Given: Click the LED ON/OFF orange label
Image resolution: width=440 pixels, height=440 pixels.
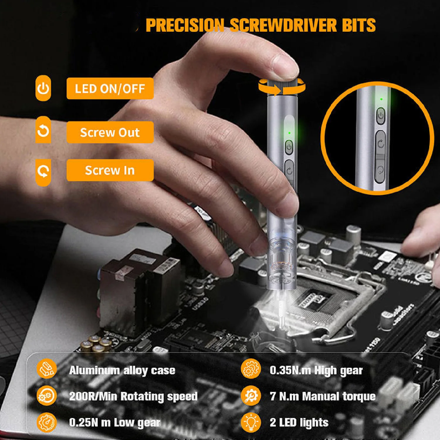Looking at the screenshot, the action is (110, 88).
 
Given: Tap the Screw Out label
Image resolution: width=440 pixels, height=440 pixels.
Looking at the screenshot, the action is (110, 132).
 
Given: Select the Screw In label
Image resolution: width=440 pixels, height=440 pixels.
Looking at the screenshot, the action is (110, 170).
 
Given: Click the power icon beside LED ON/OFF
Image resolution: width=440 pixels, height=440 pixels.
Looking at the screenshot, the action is (43, 88).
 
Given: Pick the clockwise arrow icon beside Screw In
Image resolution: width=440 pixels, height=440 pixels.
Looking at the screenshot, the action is (43, 172).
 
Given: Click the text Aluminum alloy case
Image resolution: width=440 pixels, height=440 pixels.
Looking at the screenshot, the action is (122, 370).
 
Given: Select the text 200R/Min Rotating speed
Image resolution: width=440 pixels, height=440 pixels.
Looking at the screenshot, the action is (133, 396).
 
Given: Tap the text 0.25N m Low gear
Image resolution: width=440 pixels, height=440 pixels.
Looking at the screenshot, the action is (115, 422).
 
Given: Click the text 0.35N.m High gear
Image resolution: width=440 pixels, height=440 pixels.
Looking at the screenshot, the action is (316, 370).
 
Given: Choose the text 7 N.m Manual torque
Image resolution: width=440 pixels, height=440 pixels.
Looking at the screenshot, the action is (323, 396).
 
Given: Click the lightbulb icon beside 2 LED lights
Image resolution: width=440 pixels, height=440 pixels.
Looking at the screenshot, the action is (251, 422).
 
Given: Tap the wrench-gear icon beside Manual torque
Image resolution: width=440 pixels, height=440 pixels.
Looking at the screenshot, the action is (251, 396).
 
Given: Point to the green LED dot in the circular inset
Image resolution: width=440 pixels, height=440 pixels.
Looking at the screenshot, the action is (381, 99).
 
